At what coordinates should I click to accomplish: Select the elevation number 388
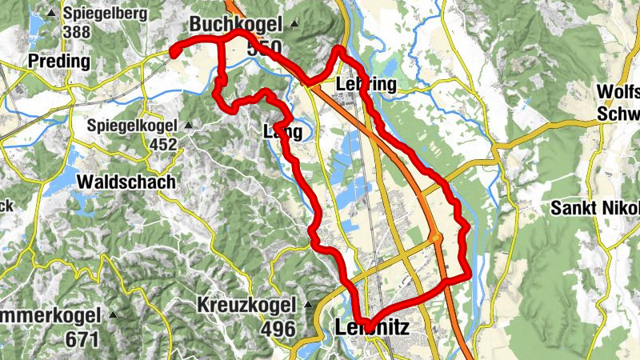click(77, 32)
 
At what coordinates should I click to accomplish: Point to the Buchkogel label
click(236, 25)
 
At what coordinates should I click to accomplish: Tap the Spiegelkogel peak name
click(131, 126)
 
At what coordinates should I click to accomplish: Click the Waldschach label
click(126, 182)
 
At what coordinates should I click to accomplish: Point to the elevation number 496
click(277, 329)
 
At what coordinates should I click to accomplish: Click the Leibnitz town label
click(372, 327)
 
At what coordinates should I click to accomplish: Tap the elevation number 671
click(82, 338)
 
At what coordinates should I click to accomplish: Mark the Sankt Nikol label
click(595, 209)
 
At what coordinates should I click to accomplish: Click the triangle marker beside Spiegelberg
click(52, 13)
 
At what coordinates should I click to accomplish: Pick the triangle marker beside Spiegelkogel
click(188, 126)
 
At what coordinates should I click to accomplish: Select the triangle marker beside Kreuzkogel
click(307, 305)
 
